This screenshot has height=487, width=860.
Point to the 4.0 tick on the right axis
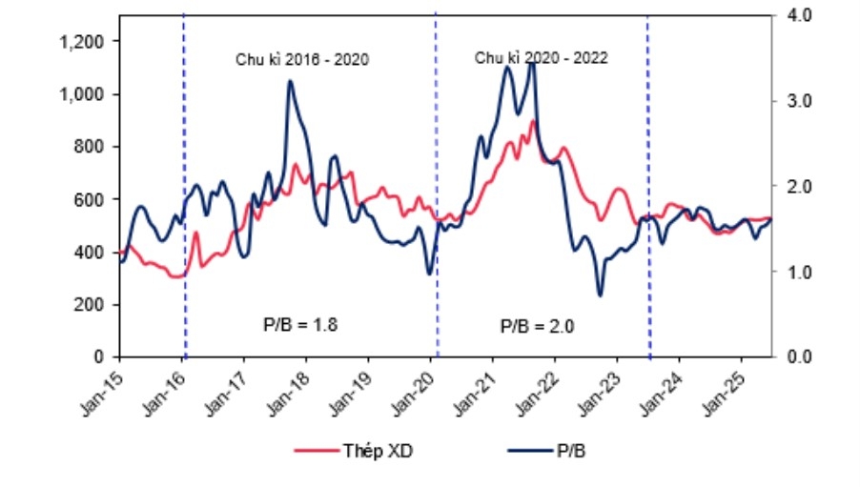[795, 15]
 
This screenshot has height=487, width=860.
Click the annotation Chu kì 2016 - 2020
[302, 59]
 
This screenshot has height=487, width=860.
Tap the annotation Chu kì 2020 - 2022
[541, 57]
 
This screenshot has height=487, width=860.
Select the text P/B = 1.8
[300, 324]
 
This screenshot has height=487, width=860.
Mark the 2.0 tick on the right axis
[795, 186]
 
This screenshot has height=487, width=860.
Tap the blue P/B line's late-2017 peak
[290, 82]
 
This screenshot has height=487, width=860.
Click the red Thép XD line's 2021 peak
[534, 122]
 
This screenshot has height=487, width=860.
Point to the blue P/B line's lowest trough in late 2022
[601, 294]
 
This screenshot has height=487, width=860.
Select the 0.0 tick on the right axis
[795, 356]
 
